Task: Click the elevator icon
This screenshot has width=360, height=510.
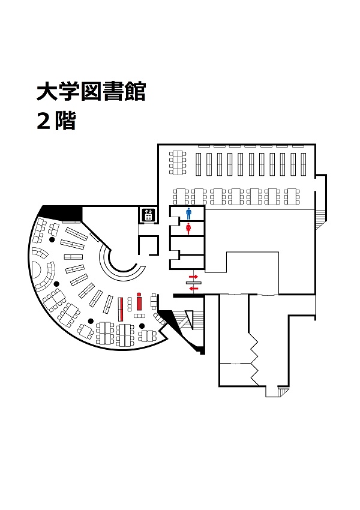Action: [x=148, y=215]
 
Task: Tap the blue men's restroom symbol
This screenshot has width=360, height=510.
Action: [x=188, y=214]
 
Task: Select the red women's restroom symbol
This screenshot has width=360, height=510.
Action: [x=188, y=229]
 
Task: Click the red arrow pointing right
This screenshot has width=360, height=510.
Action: [x=193, y=277]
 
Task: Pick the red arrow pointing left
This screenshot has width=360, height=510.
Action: [x=193, y=288]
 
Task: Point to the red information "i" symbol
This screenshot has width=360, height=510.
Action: [x=140, y=302]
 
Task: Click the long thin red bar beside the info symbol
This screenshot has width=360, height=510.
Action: [x=121, y=308]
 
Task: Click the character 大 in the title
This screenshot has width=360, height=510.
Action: [x=47, y=92]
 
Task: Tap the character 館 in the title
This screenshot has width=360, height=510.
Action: [x=134, y=92]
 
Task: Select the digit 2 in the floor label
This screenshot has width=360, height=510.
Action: [x=44, y=122]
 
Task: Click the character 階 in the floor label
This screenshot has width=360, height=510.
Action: [x=65, y=122]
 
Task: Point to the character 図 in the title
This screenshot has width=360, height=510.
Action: [x=91, y=92]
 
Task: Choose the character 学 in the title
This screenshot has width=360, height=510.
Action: [x=69, y=92]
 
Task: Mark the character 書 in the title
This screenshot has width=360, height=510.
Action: [x=113, y=92]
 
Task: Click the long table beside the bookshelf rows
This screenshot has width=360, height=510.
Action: [x=178, y=163]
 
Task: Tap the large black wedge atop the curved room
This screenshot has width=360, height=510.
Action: [x=61, y=212]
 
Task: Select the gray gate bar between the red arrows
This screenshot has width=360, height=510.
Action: [x=194, y=283]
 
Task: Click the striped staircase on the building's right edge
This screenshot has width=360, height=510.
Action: [x=320, y=216]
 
